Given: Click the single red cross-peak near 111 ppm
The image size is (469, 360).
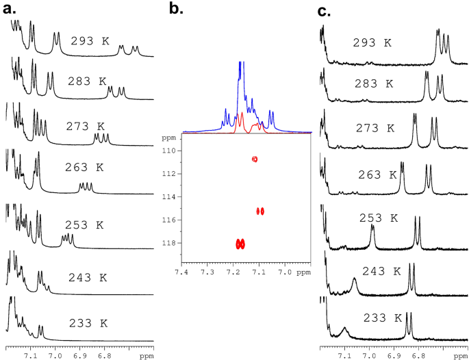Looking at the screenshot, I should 254,159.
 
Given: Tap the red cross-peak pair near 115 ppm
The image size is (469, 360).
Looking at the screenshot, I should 259,211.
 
